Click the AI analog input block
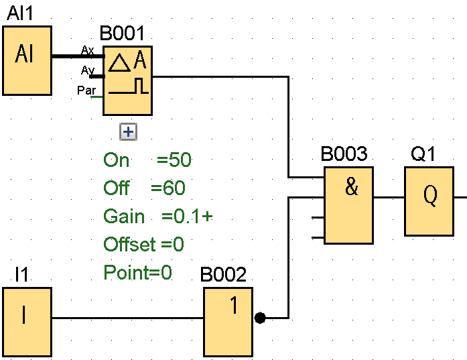pos(27,60)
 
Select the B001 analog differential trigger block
pos(127,79)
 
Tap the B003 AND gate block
pos(348,205)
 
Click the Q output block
pos(429,201)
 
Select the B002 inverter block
pos(228,321)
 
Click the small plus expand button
pos(127,132)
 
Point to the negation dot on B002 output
pos(261,318)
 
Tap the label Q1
pos(423,155)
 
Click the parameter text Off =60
pos(144,188)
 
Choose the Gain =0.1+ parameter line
pos(158,216)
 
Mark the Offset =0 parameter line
pos(143,244)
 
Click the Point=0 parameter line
pos(138,272)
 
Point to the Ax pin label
pos(87,50)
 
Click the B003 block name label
pos(344,155)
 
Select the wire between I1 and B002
pos(127,318)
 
